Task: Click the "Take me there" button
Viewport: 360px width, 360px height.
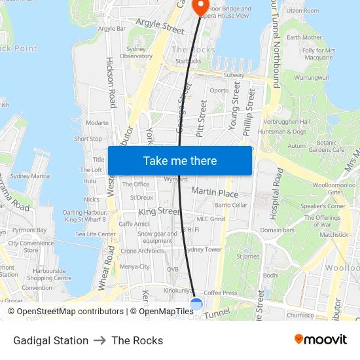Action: point(180,161)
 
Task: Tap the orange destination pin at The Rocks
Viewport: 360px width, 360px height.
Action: point(201,6)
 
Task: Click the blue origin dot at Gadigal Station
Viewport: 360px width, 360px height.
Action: point(196,304)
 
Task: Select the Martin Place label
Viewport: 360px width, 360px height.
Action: point(215,192)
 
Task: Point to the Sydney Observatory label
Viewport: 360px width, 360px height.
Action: point(136,53)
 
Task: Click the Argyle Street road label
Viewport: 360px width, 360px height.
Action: point(160,26)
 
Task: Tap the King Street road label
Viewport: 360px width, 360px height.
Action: point(158,212)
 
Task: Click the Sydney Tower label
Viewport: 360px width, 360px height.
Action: point(202,250)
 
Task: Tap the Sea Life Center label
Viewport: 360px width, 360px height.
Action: point(96,234)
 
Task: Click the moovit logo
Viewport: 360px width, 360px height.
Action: point(320,340)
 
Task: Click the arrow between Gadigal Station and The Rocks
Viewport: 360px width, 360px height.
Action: point(100,340)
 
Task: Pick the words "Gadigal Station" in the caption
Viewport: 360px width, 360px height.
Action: point(50,340)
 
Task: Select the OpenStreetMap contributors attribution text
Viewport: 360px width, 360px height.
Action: point(65,312)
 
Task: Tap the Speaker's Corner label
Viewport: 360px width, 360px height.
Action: point(322,206)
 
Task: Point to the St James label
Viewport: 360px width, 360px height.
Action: point(248,257)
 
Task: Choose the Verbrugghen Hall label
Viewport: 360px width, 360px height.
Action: point(286,122)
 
